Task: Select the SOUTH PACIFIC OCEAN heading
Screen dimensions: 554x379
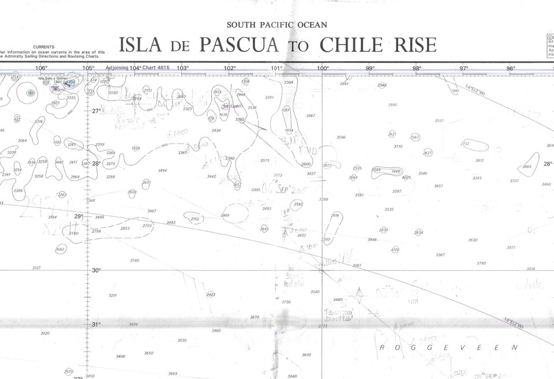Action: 277,25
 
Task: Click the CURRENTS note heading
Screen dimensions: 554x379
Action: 44,47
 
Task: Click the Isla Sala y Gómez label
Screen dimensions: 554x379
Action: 53,78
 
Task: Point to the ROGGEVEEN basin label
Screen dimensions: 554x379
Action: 450,347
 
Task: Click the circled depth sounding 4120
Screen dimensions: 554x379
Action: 395,250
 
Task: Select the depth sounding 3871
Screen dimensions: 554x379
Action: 511,247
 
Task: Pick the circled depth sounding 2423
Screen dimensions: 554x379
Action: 211,295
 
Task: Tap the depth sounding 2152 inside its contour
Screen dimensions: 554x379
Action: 195,219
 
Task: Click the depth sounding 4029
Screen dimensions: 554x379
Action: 406,177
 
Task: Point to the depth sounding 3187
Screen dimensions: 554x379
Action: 357,265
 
